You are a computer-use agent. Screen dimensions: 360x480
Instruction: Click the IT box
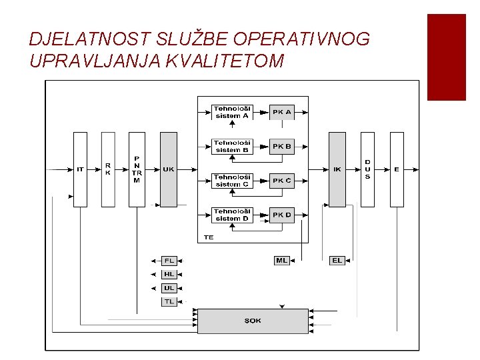pos(80,169)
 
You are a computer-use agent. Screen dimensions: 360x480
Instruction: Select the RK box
pos(108,169)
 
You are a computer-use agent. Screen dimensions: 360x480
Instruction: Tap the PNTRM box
pos(137,169)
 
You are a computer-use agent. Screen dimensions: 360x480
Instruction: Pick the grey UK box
pos(169,169)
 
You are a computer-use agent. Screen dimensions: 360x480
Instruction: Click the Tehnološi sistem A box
pos(231,112)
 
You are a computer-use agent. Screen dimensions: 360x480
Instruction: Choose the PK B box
pos(282,146)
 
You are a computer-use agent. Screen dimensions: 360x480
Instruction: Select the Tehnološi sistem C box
pos(231,181)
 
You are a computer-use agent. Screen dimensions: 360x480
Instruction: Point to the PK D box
pos(282,215)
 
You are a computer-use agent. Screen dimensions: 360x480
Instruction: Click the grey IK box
pos(337,169)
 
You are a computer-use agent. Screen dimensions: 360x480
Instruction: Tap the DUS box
pos(367,169)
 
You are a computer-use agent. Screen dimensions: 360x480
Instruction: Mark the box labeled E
pos(397,169)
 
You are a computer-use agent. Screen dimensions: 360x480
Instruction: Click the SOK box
pos(253,321)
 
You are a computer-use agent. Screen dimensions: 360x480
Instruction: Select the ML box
pos(282,260)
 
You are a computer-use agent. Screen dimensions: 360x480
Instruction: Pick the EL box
pos(337,260)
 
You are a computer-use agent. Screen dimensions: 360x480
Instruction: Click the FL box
pos(169,260)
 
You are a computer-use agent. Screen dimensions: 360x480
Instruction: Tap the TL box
pos(169,301)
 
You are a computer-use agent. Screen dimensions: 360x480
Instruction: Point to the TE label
pos(209,237)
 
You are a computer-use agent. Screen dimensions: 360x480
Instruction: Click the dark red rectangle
pos(446,57)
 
